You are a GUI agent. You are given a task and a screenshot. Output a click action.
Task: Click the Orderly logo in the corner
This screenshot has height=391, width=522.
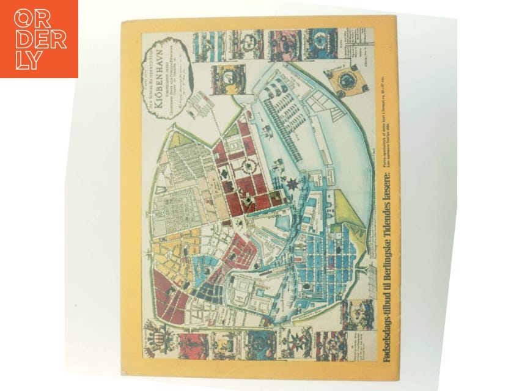(x=39, y=39)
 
